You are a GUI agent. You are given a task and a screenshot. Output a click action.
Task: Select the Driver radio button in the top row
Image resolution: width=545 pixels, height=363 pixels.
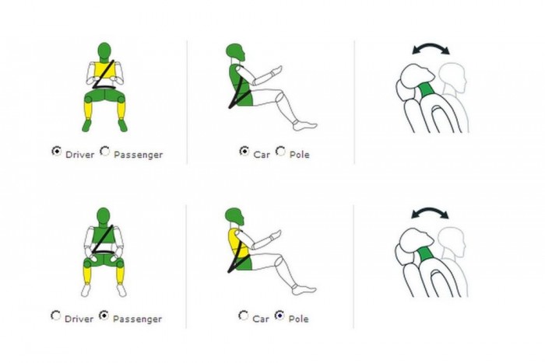coord(56,152)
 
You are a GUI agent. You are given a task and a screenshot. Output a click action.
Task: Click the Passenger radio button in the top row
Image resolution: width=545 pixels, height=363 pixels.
coord(104,152)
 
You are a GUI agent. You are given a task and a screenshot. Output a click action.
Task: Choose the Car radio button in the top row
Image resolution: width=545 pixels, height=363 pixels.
coord(244,152)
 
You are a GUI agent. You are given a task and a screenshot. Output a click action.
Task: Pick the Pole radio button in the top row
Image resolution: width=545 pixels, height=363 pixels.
coord(280,152)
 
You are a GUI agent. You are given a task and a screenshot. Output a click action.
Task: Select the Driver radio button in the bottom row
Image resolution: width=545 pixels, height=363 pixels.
coord(55,316)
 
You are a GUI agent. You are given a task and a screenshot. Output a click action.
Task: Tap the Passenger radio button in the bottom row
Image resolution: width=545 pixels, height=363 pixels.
coord(104,316)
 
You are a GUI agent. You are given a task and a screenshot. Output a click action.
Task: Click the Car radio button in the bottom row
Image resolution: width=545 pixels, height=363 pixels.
coord(243,316)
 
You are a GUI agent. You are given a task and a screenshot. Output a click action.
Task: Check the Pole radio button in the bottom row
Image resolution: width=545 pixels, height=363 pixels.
coord(280,316)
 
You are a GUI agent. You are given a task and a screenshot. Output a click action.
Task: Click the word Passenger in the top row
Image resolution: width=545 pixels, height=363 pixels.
coord(139,155)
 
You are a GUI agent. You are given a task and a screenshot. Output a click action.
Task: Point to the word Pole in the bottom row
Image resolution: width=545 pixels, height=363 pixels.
coord(298,319)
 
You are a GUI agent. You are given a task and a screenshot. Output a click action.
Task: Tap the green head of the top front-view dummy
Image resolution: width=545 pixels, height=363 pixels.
coord(104,51)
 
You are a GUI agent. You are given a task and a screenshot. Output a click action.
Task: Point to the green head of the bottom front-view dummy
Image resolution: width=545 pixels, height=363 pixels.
coord(104,216)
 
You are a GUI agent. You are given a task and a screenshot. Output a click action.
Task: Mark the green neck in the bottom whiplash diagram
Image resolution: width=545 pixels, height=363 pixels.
coord(427,254)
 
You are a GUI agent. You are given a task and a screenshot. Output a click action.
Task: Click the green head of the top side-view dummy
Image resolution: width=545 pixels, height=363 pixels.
coord(235,51)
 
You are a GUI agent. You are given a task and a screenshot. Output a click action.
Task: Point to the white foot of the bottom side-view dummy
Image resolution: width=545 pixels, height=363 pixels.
coord(304,289)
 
